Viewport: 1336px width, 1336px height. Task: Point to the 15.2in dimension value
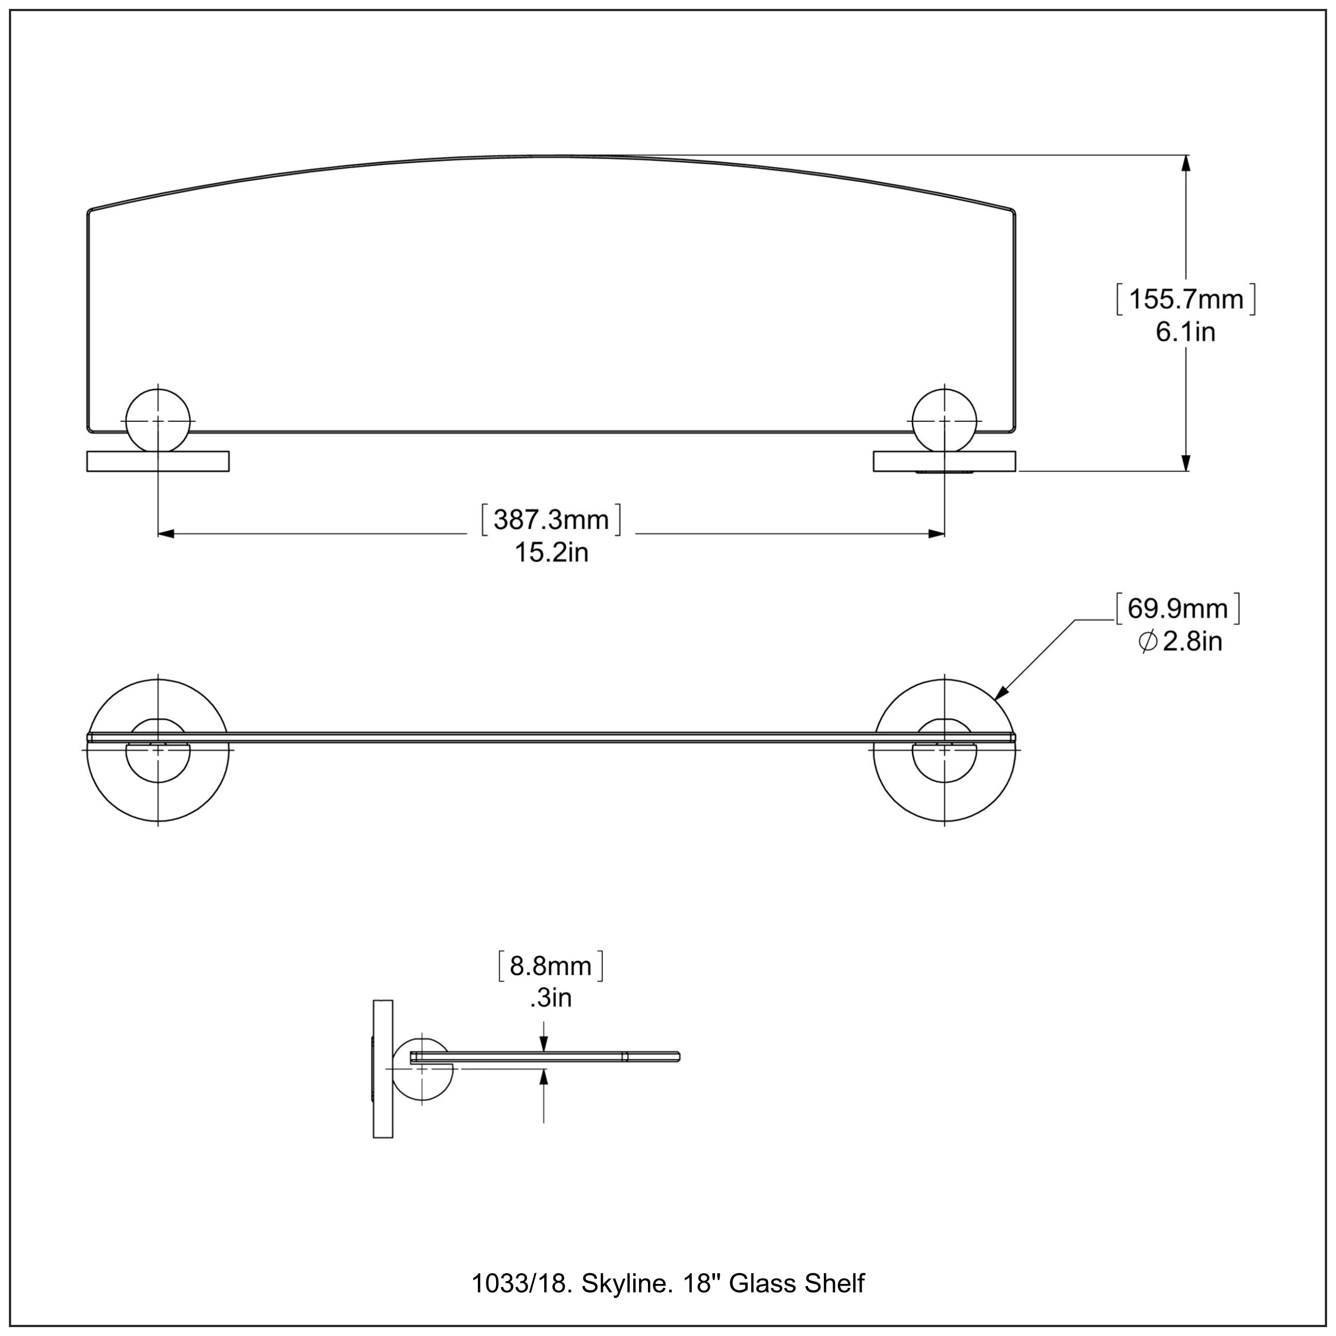click(551, 553)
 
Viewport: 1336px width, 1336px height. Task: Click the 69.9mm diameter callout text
click(1177, 608)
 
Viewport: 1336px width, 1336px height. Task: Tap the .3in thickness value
click(551, 998)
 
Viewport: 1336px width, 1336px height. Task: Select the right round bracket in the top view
click(945, 420)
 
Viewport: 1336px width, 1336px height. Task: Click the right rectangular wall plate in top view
click(945, 461)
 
